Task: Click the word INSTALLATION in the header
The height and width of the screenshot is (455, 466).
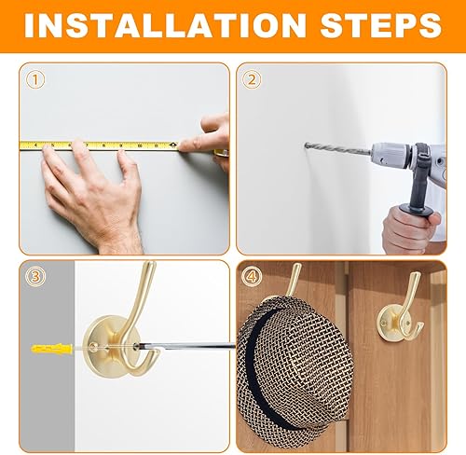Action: pyautogui.click(x=165, y=25)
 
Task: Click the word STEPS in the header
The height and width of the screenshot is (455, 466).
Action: pyautogui.click(x=380, y=25)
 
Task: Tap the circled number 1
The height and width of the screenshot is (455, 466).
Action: pyautogui.click(x=35, y=79)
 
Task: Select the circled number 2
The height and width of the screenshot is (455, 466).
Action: pyautogui.click(x=252, y=79)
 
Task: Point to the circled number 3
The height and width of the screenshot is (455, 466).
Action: pyautogui.click(x=35, y=276)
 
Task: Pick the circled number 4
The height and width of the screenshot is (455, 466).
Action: pyautogui.click(x=252, y=276)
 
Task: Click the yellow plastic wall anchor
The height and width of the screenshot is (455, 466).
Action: pyautogui.click(x=51, y=349)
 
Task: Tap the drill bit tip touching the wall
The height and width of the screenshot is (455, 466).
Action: pyautogui.click(x=306, y=145)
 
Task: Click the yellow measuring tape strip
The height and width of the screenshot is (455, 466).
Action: pyautogui.click(x=100, y=145)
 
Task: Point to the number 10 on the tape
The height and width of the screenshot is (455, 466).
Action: pyautogui.click(x=140, y=145)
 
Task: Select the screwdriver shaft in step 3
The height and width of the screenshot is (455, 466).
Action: pyautogui.click(x=186, y=346)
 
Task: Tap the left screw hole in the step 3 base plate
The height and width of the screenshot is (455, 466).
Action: pyautogui.click(x=92, y=346)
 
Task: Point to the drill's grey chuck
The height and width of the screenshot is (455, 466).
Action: pyautogui.click(x=393, y=155)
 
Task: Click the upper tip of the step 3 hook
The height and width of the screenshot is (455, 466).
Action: pyautogui.click(x=150, y=264)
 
